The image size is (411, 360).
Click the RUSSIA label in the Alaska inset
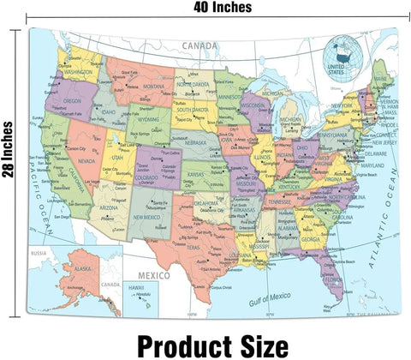click(39, 253)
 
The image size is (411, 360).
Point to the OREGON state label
click(72, 100)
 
